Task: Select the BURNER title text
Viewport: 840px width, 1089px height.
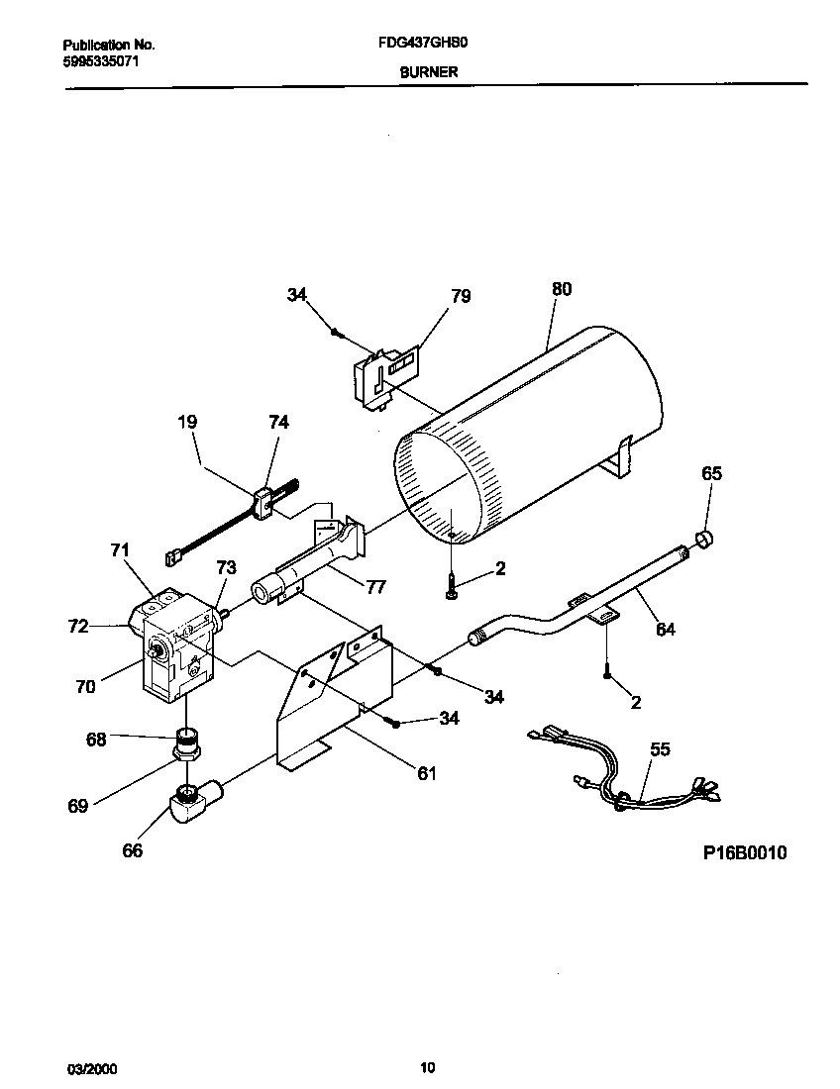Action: [x=428, y=72]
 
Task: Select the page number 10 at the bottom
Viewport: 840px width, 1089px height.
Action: [x=427, y=1067]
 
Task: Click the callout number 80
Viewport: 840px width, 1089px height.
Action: [x=561, y=290]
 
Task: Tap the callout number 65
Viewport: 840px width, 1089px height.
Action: [x=711, y=473]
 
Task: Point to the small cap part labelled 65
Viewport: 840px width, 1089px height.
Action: [x=704, y=540]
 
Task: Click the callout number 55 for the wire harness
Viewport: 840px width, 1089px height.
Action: [x=660, y=749]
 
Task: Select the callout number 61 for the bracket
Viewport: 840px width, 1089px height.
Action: [x=426, y=772]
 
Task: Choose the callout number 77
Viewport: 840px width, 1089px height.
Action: [x=375, y=586]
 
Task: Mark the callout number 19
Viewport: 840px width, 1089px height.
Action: [x=187, y=422]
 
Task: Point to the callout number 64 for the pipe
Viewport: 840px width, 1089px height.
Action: [x=666, y=629]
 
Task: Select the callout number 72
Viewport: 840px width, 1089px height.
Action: [x=77, y=626]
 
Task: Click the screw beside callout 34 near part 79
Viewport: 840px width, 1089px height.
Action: [x=338, y=333]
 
